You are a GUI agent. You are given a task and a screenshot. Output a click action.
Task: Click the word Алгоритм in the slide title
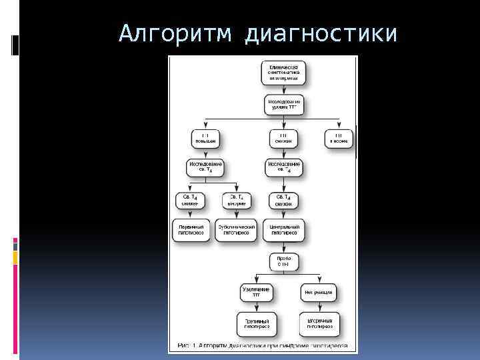tap(175, 33)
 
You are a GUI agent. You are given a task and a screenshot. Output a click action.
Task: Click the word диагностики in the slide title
tap(322, 33)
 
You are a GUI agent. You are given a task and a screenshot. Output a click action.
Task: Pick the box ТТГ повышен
tap(205, 138)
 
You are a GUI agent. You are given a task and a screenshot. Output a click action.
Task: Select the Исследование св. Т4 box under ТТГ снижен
tap(284, 167)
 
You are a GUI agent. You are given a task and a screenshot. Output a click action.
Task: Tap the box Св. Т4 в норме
tap(237, 200)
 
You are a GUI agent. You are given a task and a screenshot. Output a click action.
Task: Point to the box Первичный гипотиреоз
tap(191, 230)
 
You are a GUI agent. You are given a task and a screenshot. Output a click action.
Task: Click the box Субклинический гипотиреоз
tap(237, 230)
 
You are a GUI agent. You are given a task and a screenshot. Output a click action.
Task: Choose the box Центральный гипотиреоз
tap(284, 230)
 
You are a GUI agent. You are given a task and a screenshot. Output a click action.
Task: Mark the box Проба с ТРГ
tap(284, 261)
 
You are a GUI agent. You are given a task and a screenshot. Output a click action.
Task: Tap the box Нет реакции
tap(317, 293)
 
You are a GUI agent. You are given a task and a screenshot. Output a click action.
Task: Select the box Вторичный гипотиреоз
tap(317, 324)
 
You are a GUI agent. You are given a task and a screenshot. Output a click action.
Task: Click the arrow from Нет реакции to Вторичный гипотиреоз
tap(317, 307)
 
